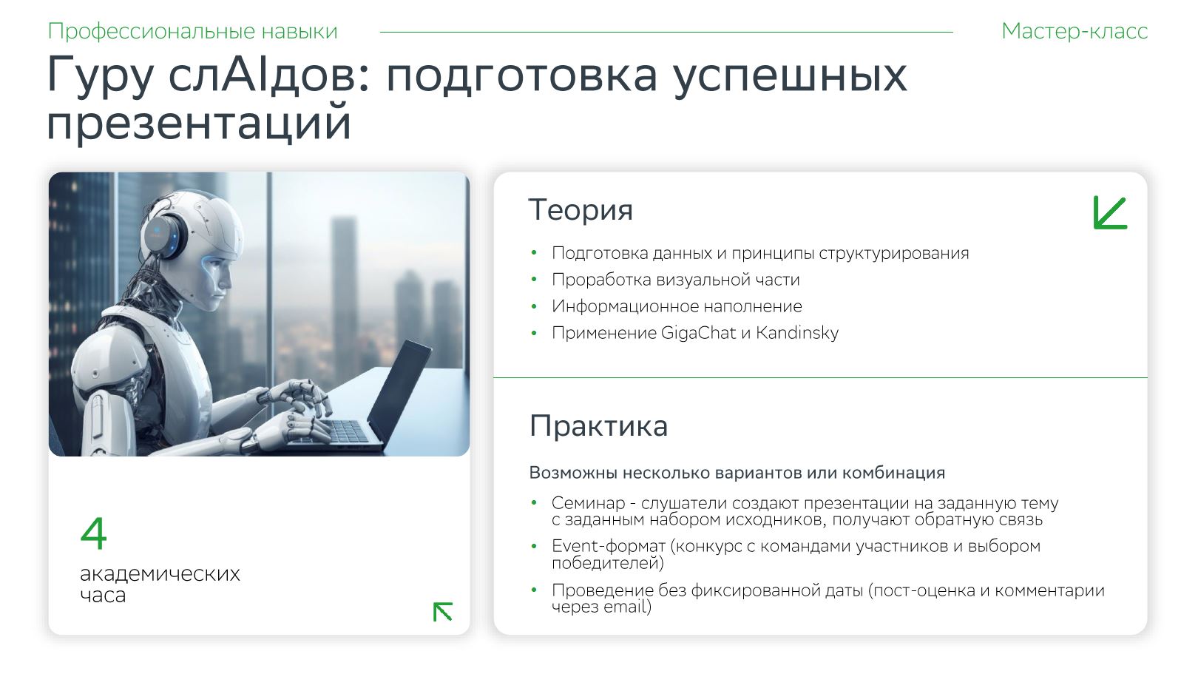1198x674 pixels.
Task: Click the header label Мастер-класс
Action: coord(1075,31)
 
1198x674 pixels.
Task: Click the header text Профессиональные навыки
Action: coord(192,32)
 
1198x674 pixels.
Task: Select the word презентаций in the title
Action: coord(199,123)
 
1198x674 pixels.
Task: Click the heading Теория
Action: coord(581,209)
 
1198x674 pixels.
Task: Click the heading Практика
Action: coord(598,426)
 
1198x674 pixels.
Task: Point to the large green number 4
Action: coord(94,533)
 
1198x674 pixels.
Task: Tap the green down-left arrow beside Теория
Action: coord(1110,212)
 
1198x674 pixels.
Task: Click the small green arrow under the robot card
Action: coord(443,611)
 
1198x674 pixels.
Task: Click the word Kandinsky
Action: coord(797,333)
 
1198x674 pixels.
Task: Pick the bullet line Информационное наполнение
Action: coord(677,306)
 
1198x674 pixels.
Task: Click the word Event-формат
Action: coord(609,546)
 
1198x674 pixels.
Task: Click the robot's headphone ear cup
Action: coord(163,235)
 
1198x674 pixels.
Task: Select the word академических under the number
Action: coord(160,574)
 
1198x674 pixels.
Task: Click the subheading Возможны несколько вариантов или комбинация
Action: coord(737,473)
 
